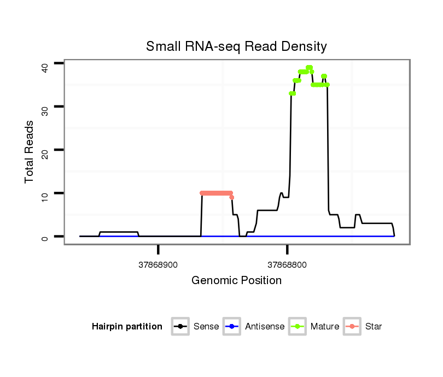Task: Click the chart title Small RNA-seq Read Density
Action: pyautogui.click(x=236, y=46)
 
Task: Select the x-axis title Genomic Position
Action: pyautogui.click(x=236, y=281)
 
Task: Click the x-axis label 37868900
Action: pyautogui.click(x=158, y=265)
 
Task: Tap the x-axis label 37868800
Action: pyautogui.click(x=287, y=265)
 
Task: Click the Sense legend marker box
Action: pyautogui.click(x=180, y=327)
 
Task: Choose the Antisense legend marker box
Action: pyautogui.click(x=232, y=327)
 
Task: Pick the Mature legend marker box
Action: pyautogui.click(x=298, y=327)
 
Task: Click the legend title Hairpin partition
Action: pyautogui.click(x=127, y=327)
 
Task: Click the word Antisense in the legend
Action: pyautogui.click(x=265, y=327)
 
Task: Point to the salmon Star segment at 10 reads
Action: pyautogui.click(x=216, y=193)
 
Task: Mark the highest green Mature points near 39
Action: pyautogui.click(x=309, y=68)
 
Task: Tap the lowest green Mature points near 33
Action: pyautogui.click(x=293, y=93)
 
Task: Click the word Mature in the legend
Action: pyautogui.click(x=325, y=327)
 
